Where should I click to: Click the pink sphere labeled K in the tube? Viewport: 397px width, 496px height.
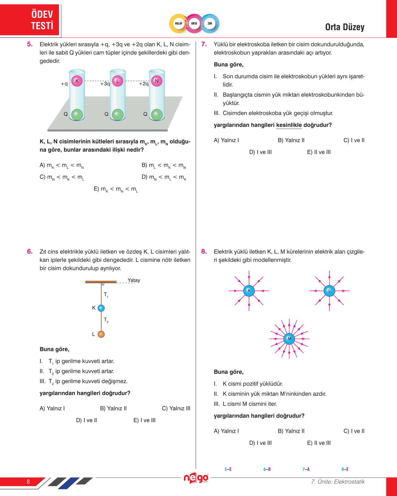[x=77, y=81]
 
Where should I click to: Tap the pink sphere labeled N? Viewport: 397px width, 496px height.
[x=156, y=81]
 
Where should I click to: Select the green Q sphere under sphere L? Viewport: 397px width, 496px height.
[x=117, y=115]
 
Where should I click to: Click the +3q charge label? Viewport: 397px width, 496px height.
[x=105, y=84]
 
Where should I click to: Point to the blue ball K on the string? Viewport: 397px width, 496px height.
[x=101, y=308]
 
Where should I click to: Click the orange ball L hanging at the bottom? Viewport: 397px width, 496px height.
[x=101, y=334]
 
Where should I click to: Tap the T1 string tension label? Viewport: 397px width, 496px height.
[x=106, y=295]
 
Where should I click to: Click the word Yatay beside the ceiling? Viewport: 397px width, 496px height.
[x=134, y=280]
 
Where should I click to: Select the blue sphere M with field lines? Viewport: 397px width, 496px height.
[x=289, y=339]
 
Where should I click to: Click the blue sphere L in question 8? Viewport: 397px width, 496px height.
[x=329, y=290]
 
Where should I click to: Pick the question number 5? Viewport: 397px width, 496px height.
[x=30, y=44]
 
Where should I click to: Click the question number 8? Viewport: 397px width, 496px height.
[x=204, y=252]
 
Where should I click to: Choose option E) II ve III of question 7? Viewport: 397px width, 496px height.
[x=319, y=152]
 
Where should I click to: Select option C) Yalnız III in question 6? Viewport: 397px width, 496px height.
[x=176, y=409]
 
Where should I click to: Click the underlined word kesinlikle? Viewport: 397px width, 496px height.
[x=289, y=125]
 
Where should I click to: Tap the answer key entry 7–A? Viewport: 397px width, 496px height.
[x=306, y=469]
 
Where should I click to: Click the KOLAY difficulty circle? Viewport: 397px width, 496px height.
[x=179, y=24]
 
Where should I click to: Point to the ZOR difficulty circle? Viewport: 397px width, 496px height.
[x=210, y=24]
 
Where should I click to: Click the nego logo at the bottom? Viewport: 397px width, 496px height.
[x=196, y=478]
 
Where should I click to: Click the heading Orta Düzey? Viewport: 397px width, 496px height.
[x=344, y=27]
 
